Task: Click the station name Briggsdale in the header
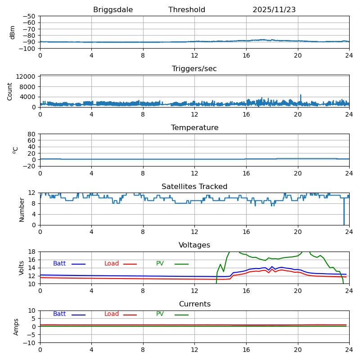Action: [113, 10]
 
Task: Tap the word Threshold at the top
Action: [187, 10]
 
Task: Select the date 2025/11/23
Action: [274, 10]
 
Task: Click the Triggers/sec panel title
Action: [194, 69]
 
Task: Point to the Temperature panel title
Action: [194, 128]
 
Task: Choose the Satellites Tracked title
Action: [194, 187]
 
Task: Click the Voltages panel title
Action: [194, 245]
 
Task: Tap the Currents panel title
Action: [194, 304]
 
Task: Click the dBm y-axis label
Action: [13, 32]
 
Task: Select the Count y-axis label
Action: [10, 91]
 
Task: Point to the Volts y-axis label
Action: [22, 268]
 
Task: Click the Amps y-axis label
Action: [16, 327]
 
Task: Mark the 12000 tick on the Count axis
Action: [26, 76]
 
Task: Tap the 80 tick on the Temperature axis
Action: [32, 134]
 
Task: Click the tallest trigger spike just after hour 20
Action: [301, 95]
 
